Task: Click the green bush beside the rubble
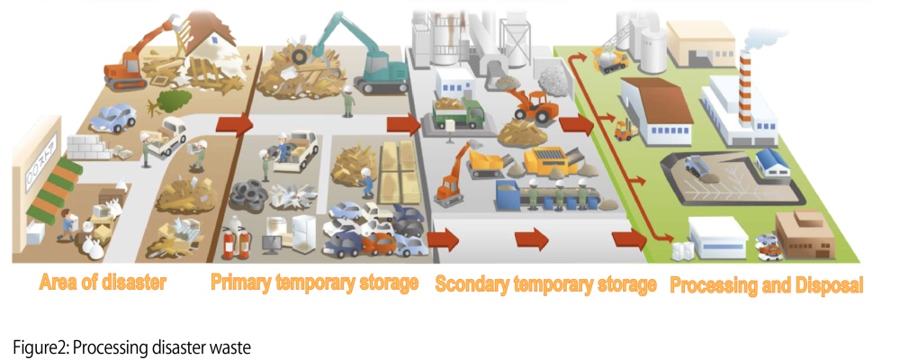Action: tap(174, 96)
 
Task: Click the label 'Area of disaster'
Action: tap(103, 283)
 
